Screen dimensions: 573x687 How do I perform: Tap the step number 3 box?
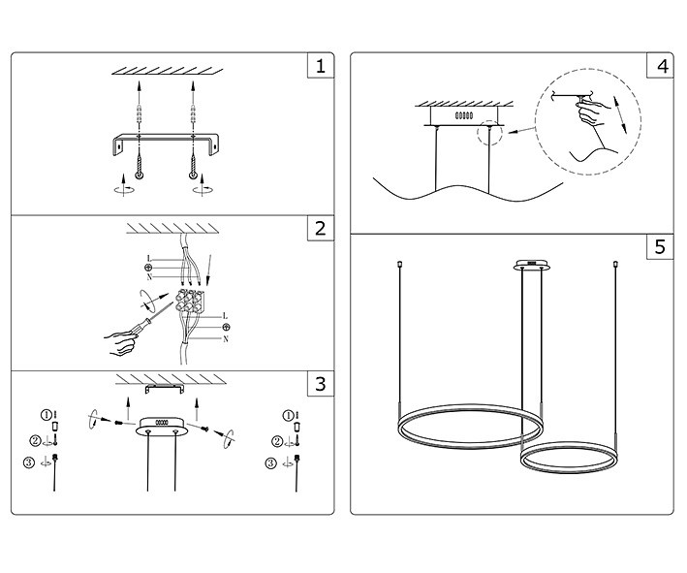tap(320, 384)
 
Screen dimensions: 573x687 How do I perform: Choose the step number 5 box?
tap(660, 246)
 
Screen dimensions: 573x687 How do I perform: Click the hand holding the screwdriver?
tap(121, 340)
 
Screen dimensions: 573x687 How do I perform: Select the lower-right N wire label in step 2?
tap(226, 339)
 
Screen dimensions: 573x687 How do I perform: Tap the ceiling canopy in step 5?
tap(529, 265)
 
